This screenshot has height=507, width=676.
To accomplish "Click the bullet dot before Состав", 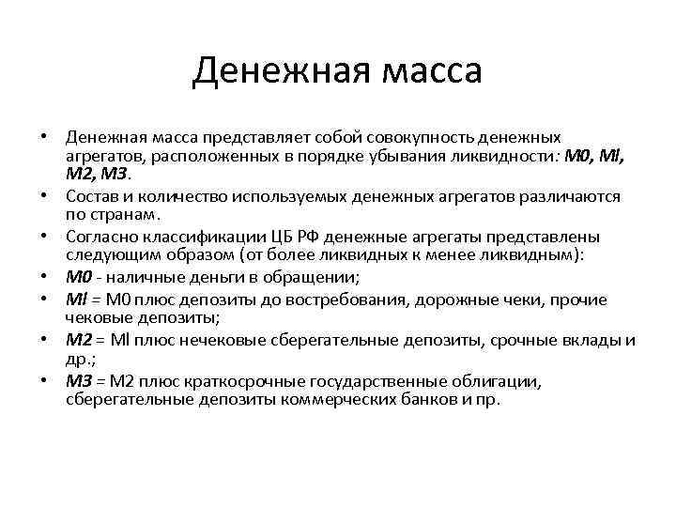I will (x=44, y=196).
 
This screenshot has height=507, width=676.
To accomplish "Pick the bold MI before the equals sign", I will (x=76, y=300).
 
